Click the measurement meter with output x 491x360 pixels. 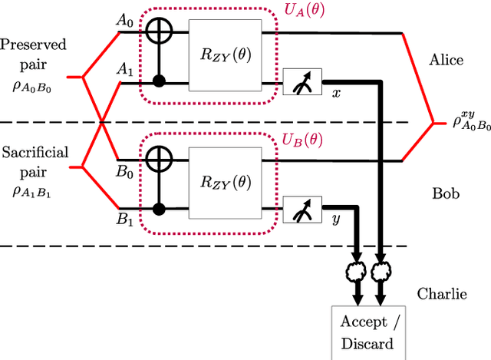coord(303,80)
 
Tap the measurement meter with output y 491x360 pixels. coord(303,207)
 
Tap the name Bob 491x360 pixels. coord(445,194)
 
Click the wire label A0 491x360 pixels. coord(124,22)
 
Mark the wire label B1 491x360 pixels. coord(124,219)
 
